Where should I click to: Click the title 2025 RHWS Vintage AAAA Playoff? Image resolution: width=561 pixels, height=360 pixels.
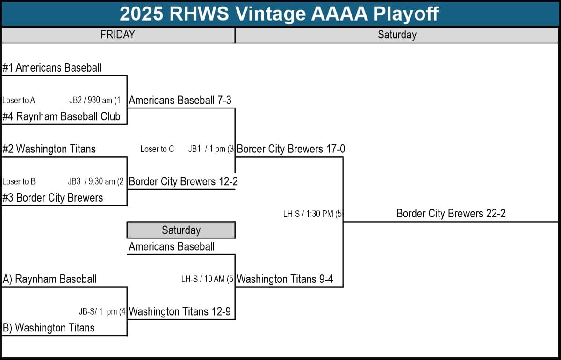click(x=279, y=14)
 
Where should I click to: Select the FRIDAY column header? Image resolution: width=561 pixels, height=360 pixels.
click(x=118, y=35)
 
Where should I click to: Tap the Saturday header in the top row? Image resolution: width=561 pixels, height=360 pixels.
click(x=397, y=35)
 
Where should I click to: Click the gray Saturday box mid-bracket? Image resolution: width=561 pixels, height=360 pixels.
click(x=180, y=230)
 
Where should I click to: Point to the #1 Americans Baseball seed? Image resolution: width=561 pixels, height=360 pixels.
click(x=52, y=68)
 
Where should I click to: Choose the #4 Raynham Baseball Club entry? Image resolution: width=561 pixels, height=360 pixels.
click(x=61, y=116)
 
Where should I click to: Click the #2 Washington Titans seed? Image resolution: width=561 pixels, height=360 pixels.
click(x=49, y=149)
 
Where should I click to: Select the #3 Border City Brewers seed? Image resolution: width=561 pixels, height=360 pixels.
click(x=52, y=198)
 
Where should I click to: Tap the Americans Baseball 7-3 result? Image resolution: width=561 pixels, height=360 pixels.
click(x=180, y=100)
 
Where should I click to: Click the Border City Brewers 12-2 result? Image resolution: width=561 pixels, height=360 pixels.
click(x=183, y=181)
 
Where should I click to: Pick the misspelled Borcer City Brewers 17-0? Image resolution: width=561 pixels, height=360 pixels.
click(x=291, y=149)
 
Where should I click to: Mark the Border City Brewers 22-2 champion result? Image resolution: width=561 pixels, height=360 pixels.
click(x=451, y=214)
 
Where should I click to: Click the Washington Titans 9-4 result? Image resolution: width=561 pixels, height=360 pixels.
click(x=285, y=279)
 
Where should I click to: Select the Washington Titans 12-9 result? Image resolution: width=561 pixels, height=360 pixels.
click(x=180, y=311)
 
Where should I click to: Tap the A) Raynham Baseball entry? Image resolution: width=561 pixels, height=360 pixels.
click(x=50, y=279)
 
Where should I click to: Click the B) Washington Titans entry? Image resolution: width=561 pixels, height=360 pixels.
click(x=49, y=328)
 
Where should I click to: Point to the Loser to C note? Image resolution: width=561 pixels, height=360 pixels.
click(x=157, y=149)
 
